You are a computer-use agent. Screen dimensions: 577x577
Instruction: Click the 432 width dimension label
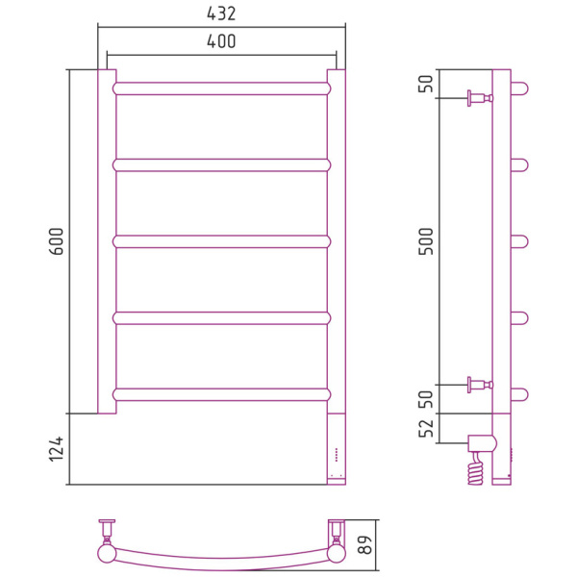(x=221, y=14)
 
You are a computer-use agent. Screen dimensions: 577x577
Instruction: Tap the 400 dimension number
(x=221, y=41)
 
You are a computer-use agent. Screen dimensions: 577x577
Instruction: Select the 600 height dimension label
(x=57, y=241)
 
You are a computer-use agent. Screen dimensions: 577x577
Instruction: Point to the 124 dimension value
(x=57, y=449)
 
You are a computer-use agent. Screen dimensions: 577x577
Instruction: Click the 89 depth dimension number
(x=365, y=545)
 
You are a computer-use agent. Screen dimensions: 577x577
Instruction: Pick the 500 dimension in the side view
(x=426, y=241)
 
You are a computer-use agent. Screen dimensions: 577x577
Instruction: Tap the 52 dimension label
(x=426, y=428)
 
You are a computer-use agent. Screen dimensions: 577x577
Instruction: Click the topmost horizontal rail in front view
(x=222, y=88)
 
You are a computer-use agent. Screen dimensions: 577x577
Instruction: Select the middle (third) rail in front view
(x=222, y=241)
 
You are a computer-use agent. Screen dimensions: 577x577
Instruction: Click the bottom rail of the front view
(x=222, y=394)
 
